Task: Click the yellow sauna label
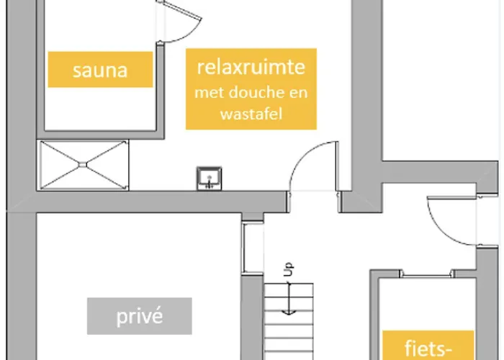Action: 100,70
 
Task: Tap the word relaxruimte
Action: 251,68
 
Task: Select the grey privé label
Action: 140,316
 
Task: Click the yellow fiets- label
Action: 428,348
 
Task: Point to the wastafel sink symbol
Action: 210,176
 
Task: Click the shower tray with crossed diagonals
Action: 84,164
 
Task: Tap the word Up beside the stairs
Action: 288,271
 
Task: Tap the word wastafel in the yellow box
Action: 251,113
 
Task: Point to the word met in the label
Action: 210,93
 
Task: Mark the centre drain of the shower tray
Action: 84,164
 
